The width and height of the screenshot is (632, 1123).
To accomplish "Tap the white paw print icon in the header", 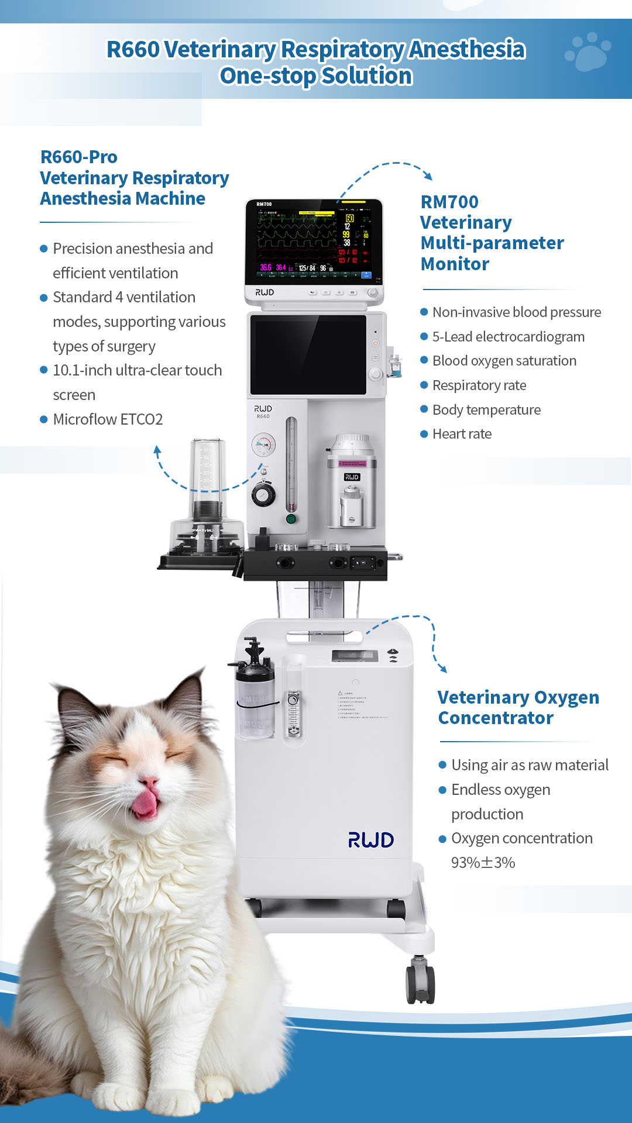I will [x=588, y=51].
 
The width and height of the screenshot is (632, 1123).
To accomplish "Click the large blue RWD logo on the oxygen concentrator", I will [x=371, y=840].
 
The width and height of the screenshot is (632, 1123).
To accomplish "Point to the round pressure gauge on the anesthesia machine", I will [x=263, y=445].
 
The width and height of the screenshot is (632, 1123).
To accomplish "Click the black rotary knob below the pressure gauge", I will [x=263, y=495].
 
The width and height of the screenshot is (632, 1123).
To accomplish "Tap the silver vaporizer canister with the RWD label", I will [x=351, y=483].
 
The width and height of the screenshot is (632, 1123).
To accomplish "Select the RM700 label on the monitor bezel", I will [x=264, y=204].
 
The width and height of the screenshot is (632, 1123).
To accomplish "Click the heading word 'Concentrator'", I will [x=496, y=718].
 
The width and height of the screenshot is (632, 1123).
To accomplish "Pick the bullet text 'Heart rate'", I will [x=462, y=434].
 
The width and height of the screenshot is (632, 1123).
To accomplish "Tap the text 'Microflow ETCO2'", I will [x=108, y=419].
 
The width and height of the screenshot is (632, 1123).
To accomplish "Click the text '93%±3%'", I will [x=483, y=863].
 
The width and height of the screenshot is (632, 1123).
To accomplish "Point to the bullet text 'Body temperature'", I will [x=486, y=410].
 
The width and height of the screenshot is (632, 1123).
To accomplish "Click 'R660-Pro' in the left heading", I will [x=79, y=157].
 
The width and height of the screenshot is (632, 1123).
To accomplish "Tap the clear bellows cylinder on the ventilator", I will [x=207, y=474].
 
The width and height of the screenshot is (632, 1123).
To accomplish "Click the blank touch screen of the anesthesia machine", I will [x=308, y=354].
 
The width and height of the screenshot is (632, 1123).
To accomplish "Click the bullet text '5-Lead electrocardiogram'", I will [x=508, y=337].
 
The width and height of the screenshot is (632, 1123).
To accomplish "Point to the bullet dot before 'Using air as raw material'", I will [x=442, y=765].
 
